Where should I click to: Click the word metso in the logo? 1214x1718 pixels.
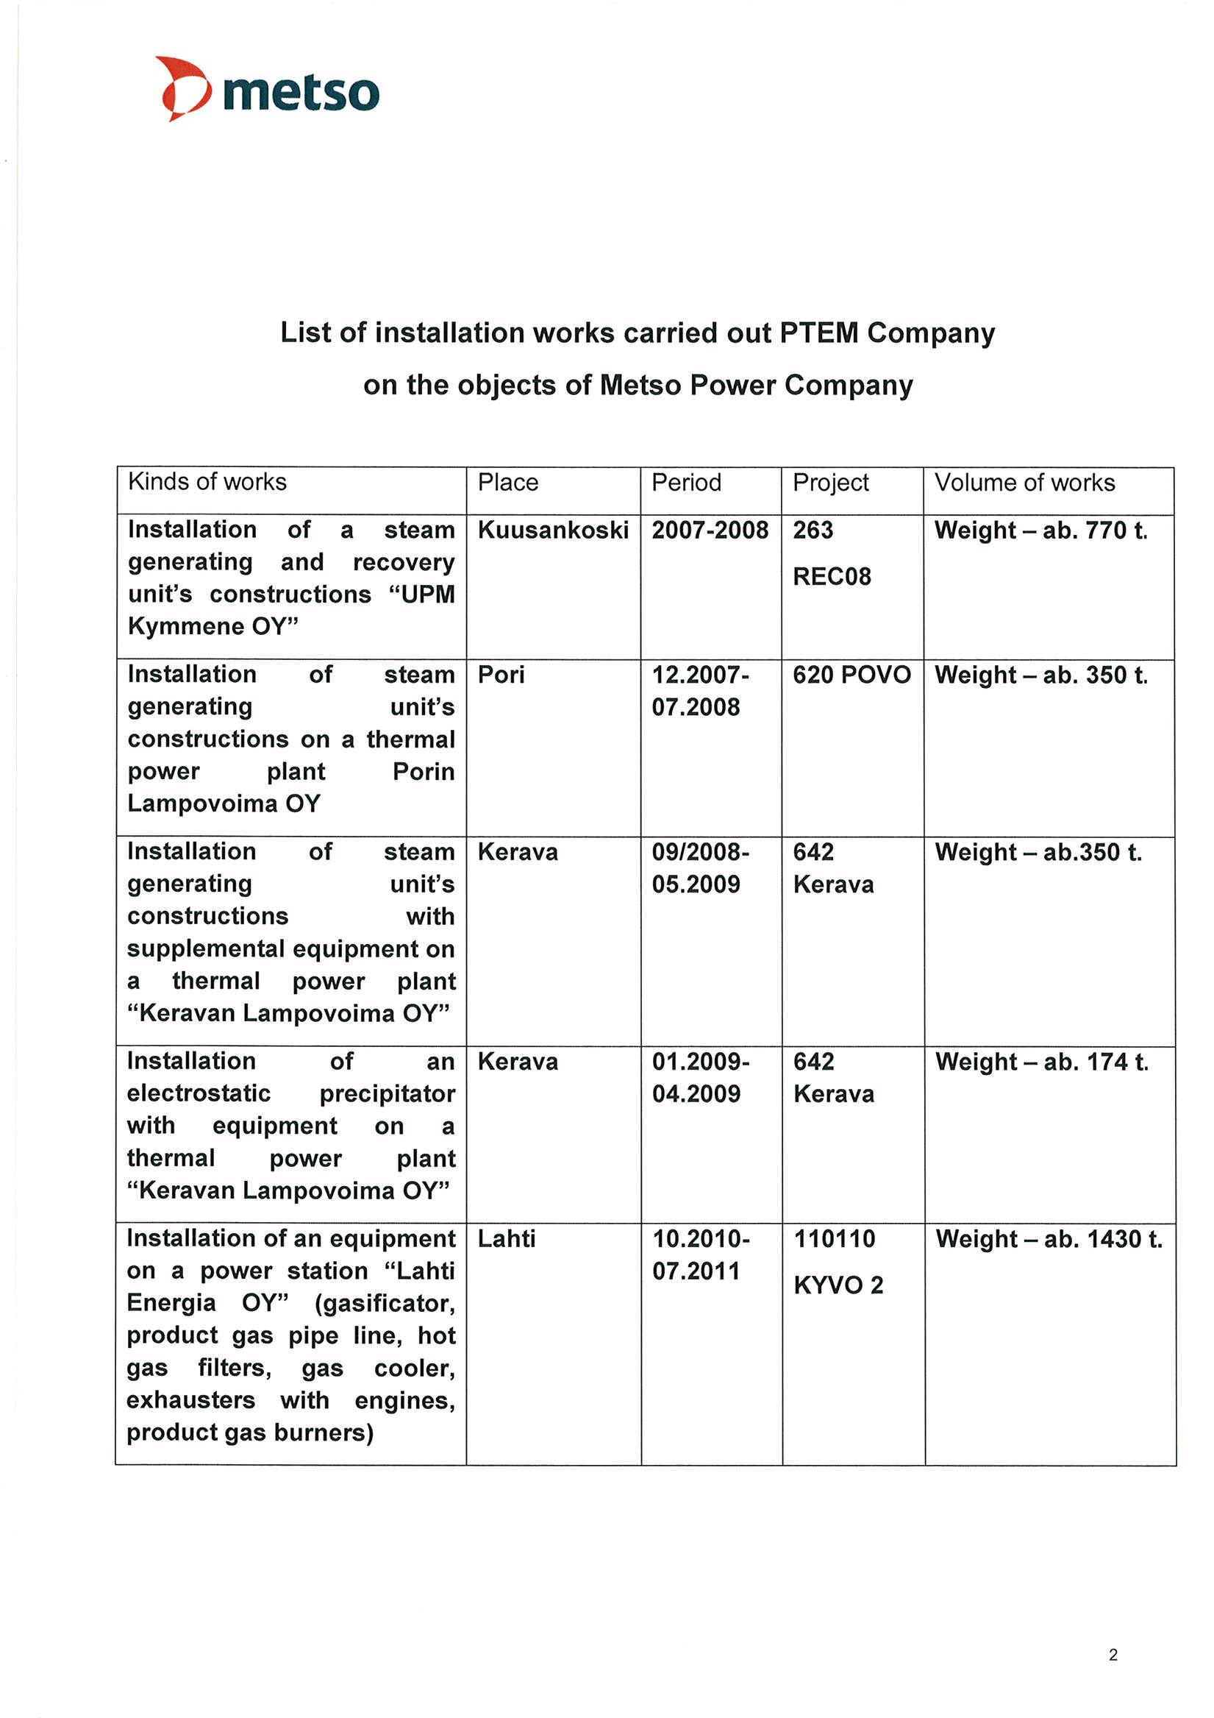(301, 93)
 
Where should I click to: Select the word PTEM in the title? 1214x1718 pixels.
(818, 333)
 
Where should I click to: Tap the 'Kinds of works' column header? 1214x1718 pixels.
(207, 482)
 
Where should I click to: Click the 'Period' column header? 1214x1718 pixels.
(686, 483)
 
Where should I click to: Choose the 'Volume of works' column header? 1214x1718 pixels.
(1024, 483)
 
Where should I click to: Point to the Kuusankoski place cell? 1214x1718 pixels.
(553, 530)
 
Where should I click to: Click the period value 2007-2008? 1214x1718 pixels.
(709, 530)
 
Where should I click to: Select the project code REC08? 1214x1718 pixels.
(832, 576)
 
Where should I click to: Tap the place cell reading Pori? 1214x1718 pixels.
(501, 674)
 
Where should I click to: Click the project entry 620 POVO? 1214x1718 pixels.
(851, 674)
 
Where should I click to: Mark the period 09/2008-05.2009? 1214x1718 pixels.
(700, 868)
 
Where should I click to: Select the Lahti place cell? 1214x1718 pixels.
(507, 1238)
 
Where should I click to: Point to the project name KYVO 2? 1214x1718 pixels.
(838, 1285)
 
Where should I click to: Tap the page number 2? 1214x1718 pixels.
(1113, 1655)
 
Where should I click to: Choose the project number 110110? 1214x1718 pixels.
(834, 1238)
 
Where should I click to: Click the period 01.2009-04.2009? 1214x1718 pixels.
(700, 1077)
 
